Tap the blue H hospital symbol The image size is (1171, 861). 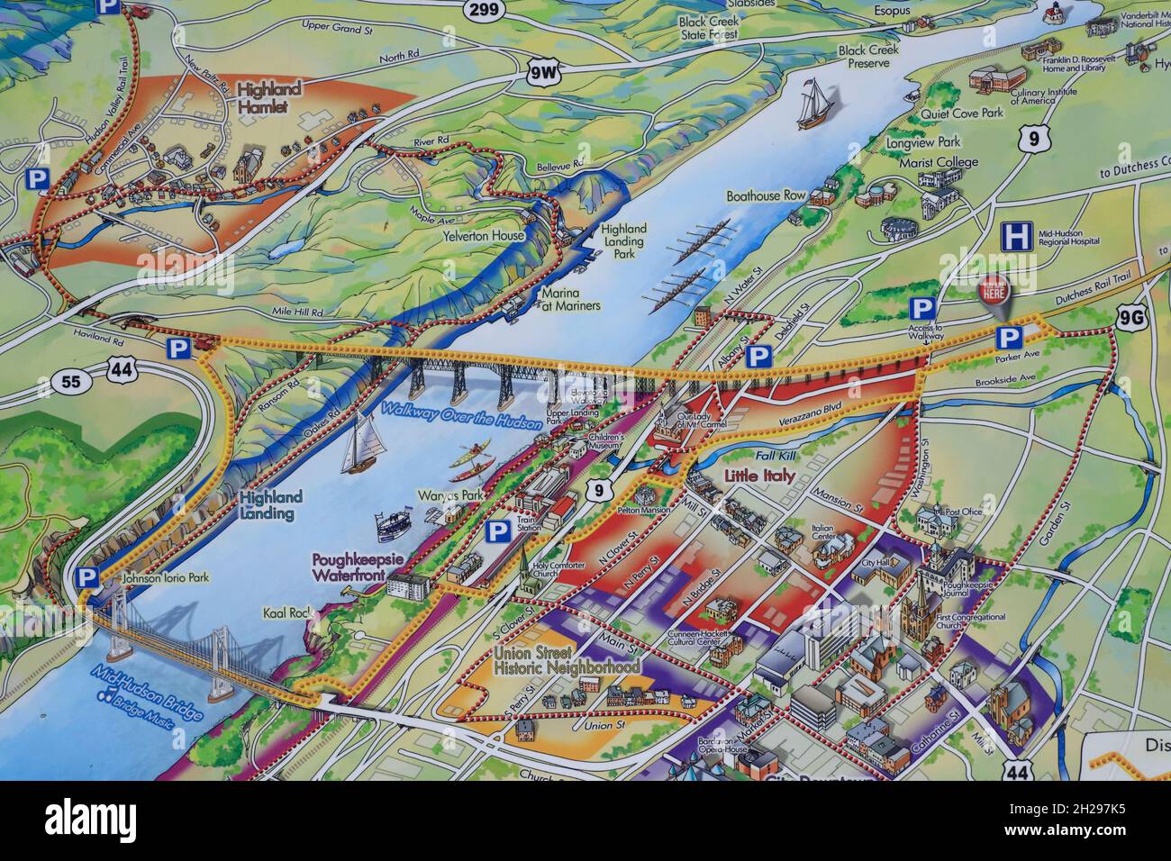(x=1017, y=238)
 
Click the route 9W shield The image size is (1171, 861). (x=543, y=70)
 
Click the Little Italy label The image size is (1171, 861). (x=759, y=477)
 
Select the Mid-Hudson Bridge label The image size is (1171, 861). (x=150, y=693)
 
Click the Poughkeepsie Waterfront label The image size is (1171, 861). (x=355, y=564)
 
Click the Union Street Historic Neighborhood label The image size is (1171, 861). (x=567, y=661)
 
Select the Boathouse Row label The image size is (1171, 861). (x=766, y=195)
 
